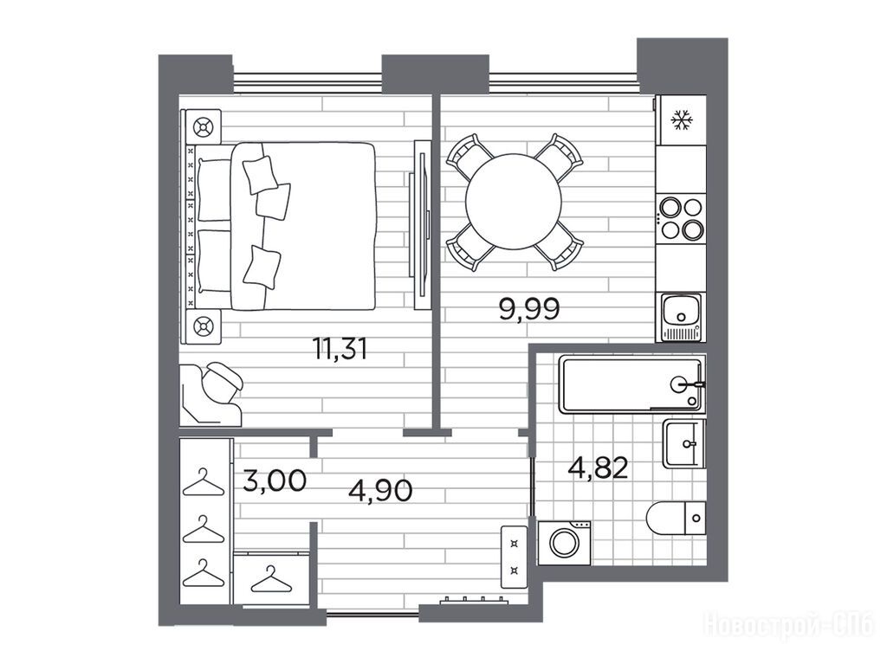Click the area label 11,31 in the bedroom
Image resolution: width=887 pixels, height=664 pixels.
340,348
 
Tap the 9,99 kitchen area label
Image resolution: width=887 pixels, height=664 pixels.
529,309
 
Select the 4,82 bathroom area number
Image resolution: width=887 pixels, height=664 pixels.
599,468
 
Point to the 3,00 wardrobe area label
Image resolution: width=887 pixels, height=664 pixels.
275,480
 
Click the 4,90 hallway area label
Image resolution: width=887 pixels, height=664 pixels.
380,490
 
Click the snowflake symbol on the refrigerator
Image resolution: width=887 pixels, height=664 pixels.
683,120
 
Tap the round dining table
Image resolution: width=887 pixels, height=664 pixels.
513,201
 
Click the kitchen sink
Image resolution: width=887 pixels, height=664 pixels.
681,317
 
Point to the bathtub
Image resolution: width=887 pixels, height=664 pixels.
631,384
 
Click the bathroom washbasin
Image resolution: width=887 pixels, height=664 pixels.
684,444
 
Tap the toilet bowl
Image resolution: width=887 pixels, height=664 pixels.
676,518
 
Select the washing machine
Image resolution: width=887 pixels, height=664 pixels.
564,544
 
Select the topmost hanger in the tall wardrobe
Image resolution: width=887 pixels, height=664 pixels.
204,482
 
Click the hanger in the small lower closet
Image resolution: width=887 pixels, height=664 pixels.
271,579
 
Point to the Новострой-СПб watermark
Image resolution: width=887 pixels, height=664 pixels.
788,626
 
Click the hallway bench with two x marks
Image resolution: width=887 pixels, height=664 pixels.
515,558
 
